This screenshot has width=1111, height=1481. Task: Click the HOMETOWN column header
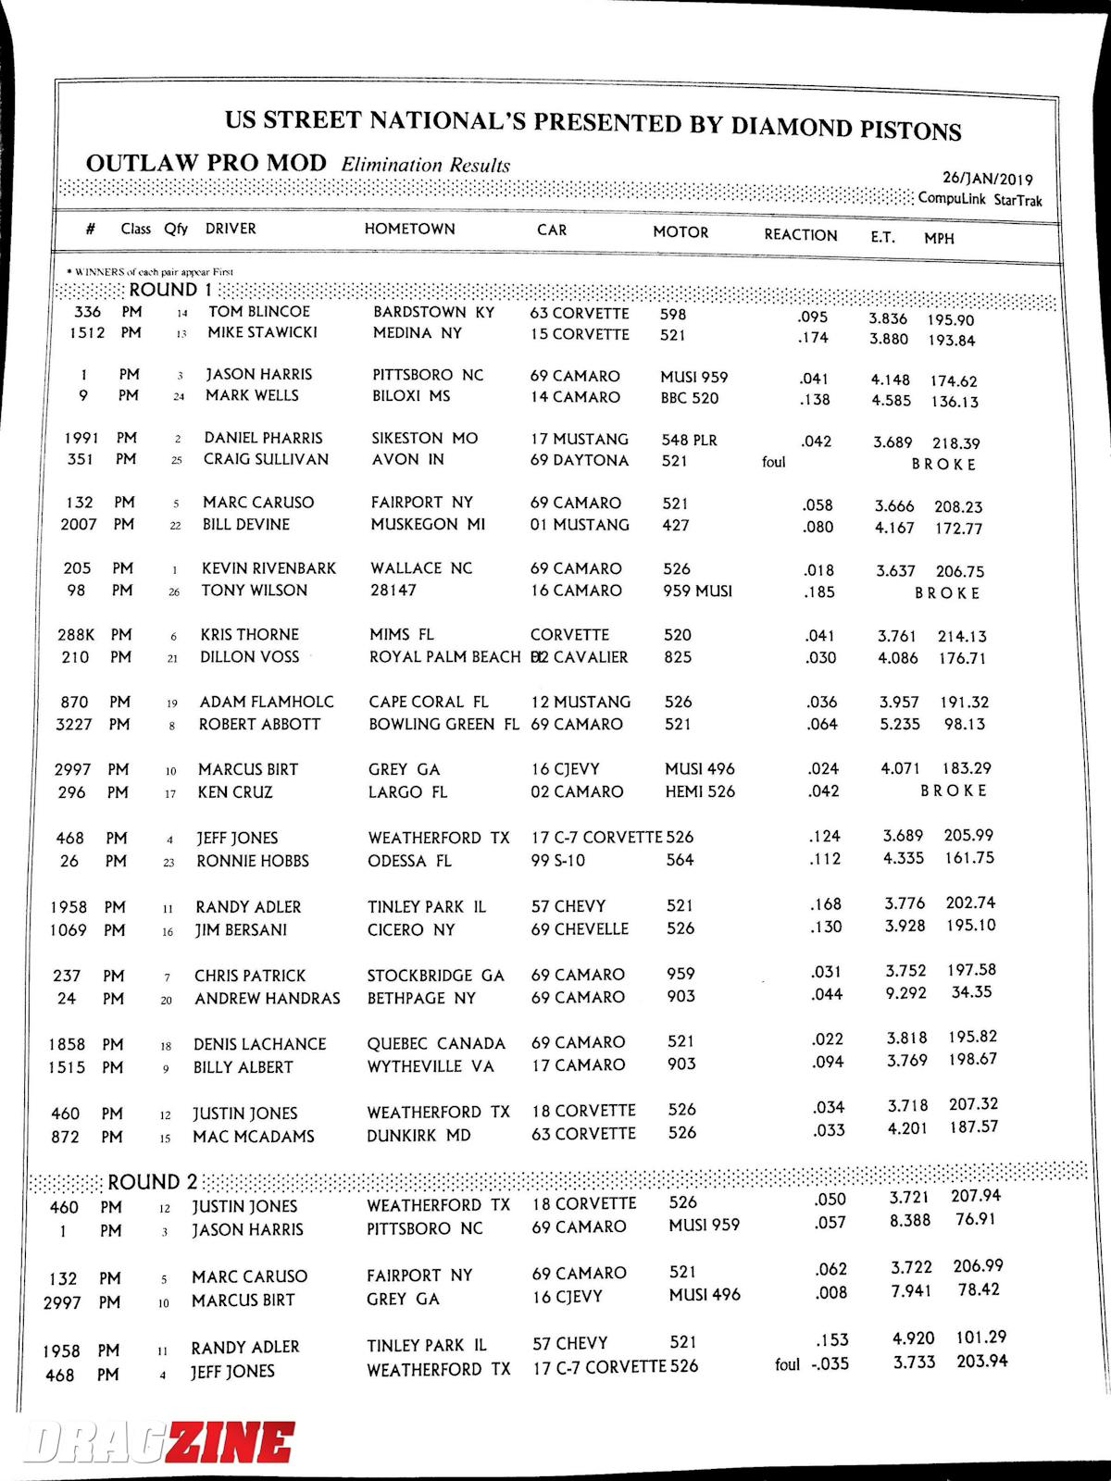[x=409, y=229]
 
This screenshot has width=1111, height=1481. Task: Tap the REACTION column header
[x=800, y=235]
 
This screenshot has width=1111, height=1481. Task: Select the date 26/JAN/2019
[x=987, y=179]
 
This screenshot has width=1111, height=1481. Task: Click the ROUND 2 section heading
[x=153, y=1182]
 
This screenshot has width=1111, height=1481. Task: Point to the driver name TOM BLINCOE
[x=258, y=312]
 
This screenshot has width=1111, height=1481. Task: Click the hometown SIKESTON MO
[x=424, y=438]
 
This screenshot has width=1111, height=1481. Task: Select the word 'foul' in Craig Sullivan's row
[x=773, y=461]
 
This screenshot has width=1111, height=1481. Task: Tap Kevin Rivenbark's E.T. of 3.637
[x=895, y=571]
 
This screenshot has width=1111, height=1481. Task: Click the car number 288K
[x=77, y=635]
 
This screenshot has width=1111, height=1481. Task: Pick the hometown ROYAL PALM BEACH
[x=444, y=657]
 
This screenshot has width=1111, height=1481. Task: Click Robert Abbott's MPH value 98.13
[x=965, y=724]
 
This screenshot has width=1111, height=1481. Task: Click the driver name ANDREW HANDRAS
[x=267, y=999]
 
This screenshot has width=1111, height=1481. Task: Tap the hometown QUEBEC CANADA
[x=436, y=1043]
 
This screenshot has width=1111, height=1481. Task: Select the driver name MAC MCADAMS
[x=253, y=1137]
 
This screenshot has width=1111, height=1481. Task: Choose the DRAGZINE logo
[x=159, y=1442]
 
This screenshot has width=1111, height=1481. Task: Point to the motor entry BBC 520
[x=690, y=399]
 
